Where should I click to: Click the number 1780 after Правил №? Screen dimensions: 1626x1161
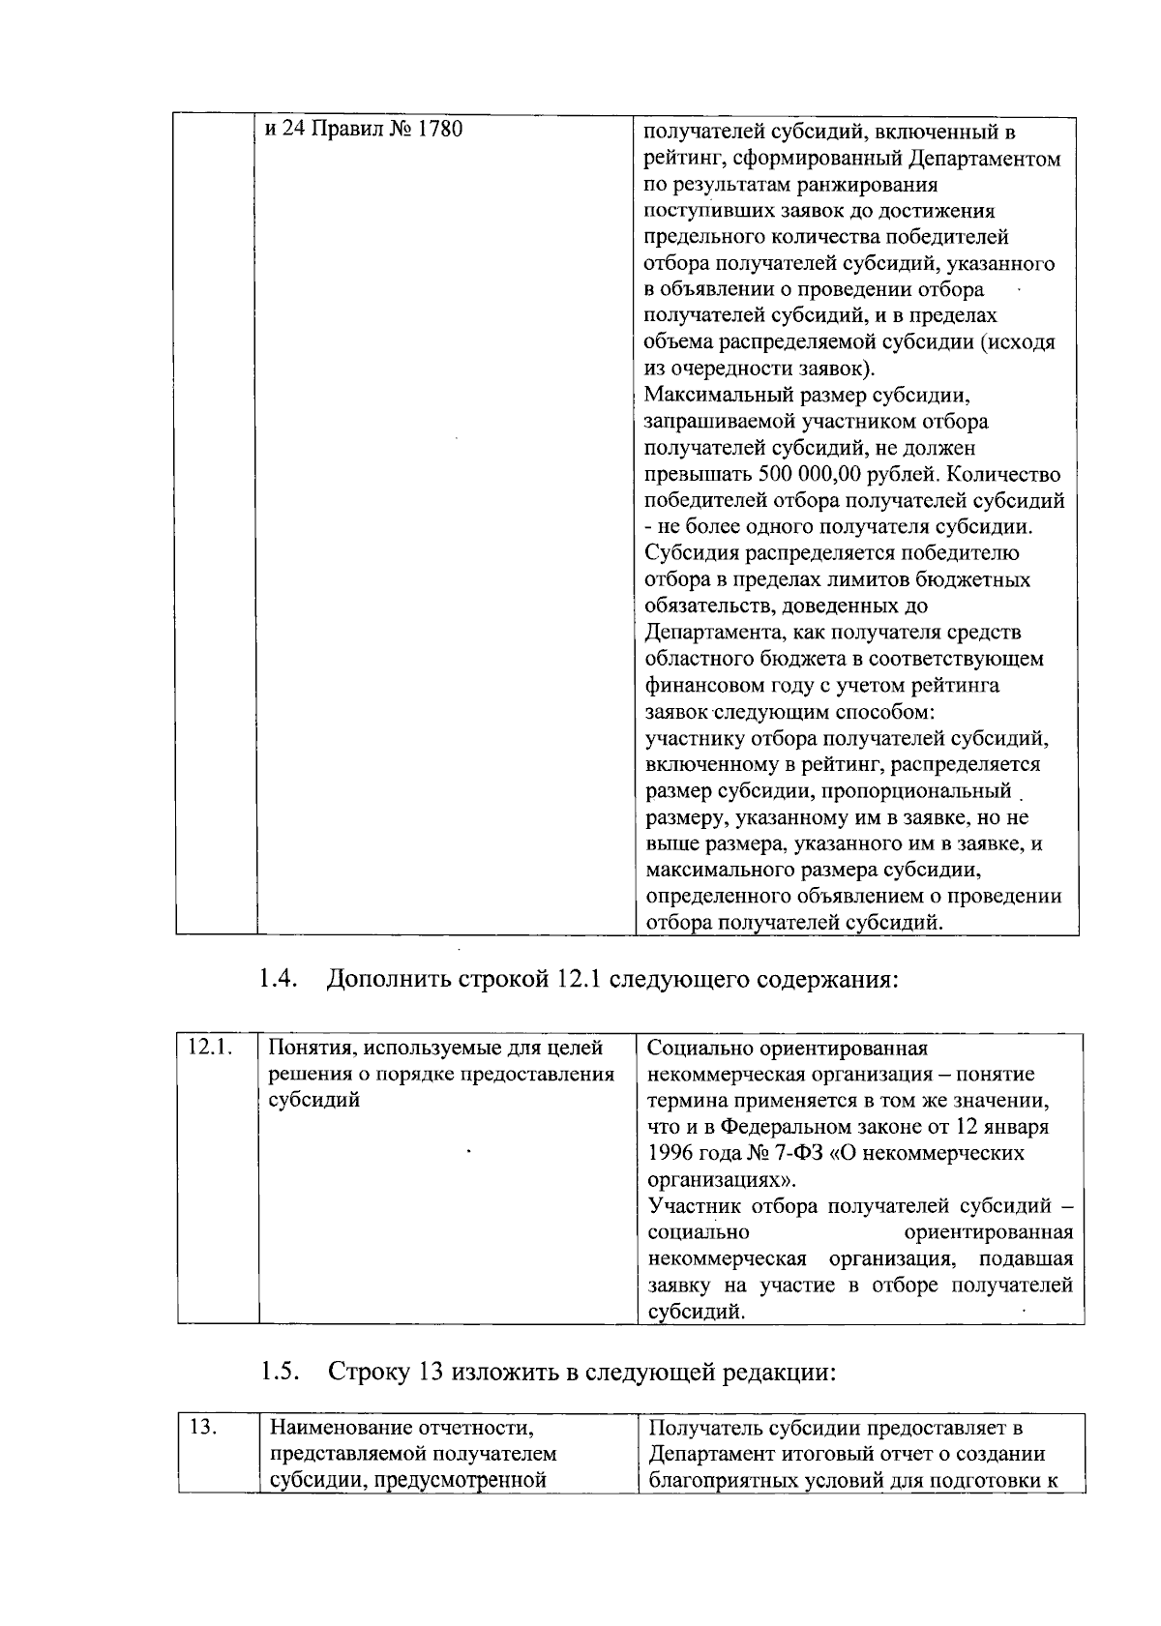438,129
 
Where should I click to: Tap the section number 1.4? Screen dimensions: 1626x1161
277,979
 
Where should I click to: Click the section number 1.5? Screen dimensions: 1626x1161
278,1372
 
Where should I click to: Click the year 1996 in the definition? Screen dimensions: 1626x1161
670,1154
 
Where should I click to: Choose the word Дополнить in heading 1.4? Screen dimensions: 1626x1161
387,979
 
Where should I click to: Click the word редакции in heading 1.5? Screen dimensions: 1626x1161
780,1372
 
